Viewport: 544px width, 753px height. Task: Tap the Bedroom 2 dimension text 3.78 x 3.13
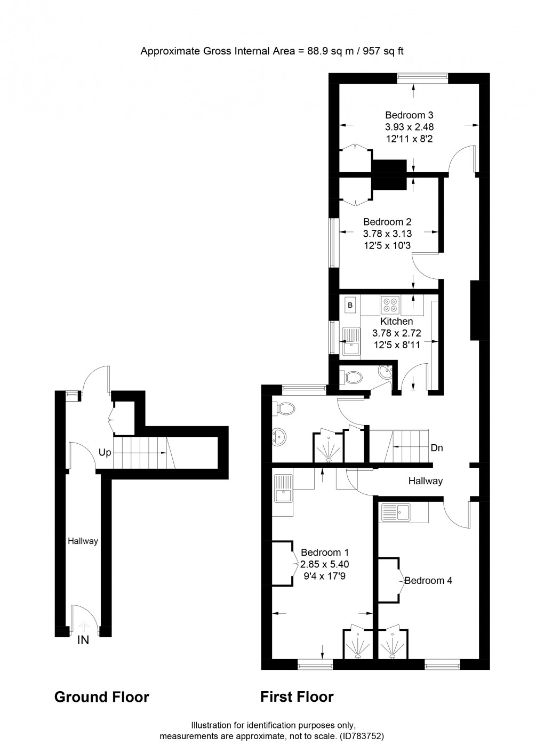(387, 234)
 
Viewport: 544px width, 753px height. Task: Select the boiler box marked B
(350, 306)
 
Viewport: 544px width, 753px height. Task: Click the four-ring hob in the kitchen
(390, 305)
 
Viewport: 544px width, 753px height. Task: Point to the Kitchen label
(396, 322)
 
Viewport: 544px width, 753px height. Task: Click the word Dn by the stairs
(437, 448)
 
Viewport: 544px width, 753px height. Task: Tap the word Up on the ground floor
(105, 452)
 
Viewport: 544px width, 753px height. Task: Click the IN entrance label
(83, 640)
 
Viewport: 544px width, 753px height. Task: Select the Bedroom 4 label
(428, 581)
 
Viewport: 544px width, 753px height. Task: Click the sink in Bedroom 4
(395, 513)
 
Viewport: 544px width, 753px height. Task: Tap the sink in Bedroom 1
(282, 489)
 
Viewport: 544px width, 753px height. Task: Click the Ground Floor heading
(101, 697)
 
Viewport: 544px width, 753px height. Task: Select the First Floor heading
(297, 697)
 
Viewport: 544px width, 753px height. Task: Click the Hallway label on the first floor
(425, 481)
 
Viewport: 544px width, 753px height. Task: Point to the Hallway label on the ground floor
(83, 541)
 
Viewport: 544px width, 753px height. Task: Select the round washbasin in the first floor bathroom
(279, 437)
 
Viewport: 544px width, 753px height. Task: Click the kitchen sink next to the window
(351, 341)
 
